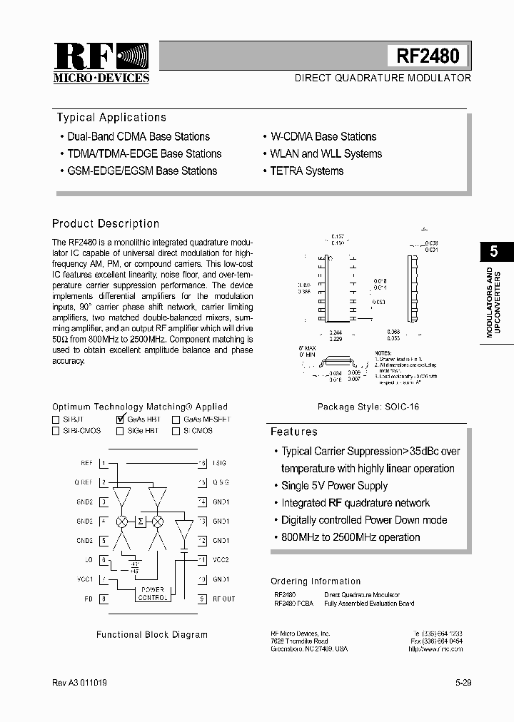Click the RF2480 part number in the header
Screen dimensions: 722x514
point(428,56)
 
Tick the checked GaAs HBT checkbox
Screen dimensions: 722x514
point(120,420)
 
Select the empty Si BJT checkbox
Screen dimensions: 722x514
point(56,420)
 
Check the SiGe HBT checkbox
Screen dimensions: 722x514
point(119,431)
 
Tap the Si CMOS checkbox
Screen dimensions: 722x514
point(176,431)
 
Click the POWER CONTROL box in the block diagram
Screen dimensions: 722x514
point(152,594)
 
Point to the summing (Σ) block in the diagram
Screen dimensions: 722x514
point(141,522)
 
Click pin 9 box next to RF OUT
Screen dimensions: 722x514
point(202,599)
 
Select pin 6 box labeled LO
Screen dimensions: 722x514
point(104,560)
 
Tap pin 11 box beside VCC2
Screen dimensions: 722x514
point(202,560)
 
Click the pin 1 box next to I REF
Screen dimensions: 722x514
point(104,463)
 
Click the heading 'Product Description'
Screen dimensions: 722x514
point(106,223)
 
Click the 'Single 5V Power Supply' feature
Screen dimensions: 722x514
point(334,486)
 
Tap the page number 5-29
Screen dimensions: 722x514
point(463,683)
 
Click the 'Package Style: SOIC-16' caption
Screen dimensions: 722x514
point(368,407)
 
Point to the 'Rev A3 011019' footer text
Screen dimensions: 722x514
point(80,683)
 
